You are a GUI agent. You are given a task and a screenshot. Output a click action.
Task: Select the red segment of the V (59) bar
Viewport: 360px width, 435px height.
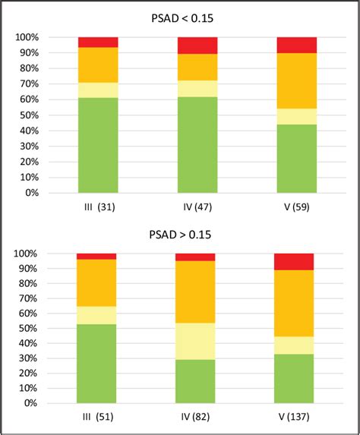coord(296,45)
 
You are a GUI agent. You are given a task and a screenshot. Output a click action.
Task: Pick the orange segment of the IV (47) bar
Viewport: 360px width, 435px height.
coord(197,67)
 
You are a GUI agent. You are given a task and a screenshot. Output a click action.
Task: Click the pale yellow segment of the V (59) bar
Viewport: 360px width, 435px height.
coord(296,116)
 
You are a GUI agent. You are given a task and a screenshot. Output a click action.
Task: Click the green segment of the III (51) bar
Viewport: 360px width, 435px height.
coord(96,364)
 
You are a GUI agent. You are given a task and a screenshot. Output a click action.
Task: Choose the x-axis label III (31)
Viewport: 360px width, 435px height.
coord(98,206)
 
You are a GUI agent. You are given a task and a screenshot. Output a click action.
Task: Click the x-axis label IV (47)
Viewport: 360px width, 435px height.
coord(197,206)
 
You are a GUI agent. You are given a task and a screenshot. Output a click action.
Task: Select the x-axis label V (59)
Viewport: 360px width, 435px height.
coord(296,206)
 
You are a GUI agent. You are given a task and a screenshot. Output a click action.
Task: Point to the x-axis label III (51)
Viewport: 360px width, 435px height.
coord(96,418)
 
